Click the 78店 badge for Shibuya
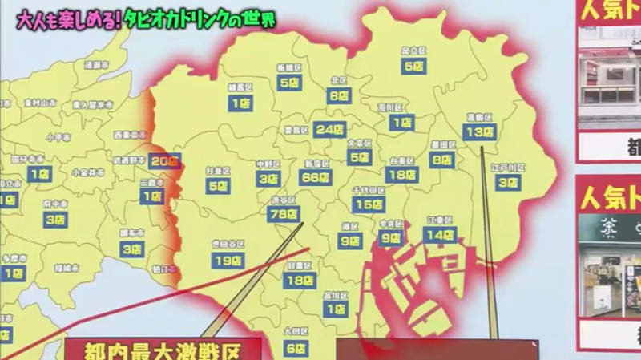pyautogui.click(x=284, y=214)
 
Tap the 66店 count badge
pyautogui.click(x=314, y=178)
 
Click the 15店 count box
pyautogui.click(x=369, y=204)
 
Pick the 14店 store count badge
pyautogui.click(x=440, y=235)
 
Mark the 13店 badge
pyautogui.click(x=478, y=131)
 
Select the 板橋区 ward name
pyautogui.click(x=287, y=67)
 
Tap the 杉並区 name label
pyautogui.click(x=218, y=171)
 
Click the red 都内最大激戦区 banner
pyautogui.click(x=163, y=350)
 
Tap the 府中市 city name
pyautogui.click(x=54, y=204)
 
